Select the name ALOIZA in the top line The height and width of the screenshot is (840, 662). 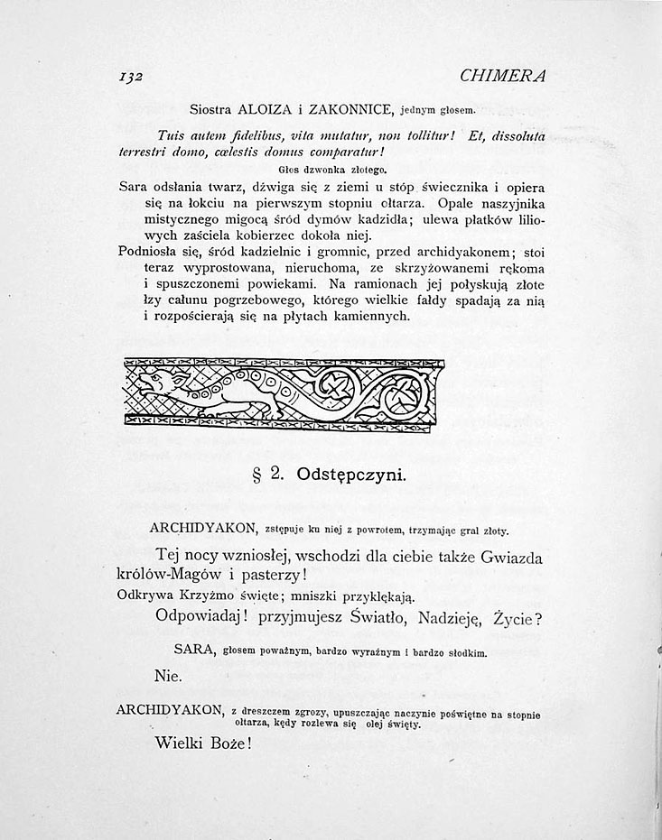[268, 110]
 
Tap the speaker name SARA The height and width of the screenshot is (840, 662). [193, 650]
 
